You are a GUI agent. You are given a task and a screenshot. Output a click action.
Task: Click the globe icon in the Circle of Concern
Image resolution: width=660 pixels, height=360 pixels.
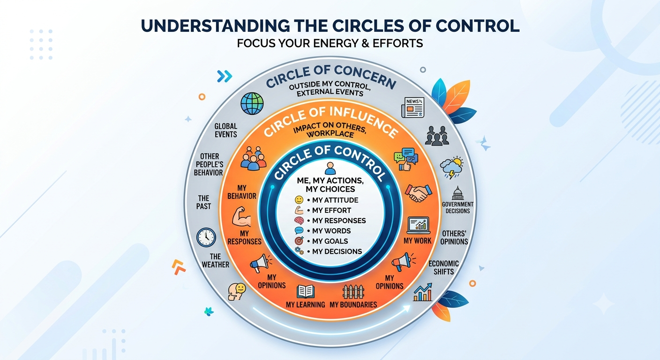tap(252, 104)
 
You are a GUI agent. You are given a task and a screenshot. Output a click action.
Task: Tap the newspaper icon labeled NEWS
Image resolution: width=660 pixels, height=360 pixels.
tap(413, 107)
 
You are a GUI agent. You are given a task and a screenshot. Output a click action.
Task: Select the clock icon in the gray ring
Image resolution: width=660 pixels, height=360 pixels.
tap(206, 237)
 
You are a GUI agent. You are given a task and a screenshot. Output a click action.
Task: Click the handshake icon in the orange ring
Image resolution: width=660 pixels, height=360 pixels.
tap(419, 193)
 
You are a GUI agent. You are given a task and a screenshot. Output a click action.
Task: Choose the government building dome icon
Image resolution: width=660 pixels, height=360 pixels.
tap(457, 193)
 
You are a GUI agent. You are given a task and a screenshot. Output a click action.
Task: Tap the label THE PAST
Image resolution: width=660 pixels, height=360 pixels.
tap(203, 202)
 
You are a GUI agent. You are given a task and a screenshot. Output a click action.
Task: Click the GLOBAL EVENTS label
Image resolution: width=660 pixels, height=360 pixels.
tap(225, 130)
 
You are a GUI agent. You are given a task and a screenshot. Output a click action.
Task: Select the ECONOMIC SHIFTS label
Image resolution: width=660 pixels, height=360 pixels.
tap(443, 268)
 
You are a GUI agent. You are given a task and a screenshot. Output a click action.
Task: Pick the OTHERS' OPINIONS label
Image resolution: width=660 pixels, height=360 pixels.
tap(454, 238)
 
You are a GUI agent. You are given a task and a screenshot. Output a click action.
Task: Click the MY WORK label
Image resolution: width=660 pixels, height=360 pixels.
tap(417, 240)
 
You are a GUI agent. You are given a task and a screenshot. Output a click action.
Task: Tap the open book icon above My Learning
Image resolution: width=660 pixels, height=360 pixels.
tap(306, 292)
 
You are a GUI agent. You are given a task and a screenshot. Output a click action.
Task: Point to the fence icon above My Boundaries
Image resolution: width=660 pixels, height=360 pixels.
tap(353, 292)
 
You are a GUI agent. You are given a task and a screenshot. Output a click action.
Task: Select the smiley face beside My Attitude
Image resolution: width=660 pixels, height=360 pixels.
tap(299, 200)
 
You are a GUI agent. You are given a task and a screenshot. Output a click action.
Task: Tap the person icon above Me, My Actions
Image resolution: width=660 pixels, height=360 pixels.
tap(330, 168)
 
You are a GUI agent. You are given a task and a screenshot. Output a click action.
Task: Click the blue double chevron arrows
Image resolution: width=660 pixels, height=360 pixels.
tap(225, 76)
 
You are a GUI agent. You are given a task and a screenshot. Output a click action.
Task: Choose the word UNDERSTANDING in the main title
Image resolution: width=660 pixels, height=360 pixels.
tap(216, 26)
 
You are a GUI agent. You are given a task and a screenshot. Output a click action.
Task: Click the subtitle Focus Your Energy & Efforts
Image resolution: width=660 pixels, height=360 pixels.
tap(330, 43)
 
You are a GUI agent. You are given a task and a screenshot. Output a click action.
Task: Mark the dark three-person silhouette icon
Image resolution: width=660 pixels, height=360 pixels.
tap(437, 135)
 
